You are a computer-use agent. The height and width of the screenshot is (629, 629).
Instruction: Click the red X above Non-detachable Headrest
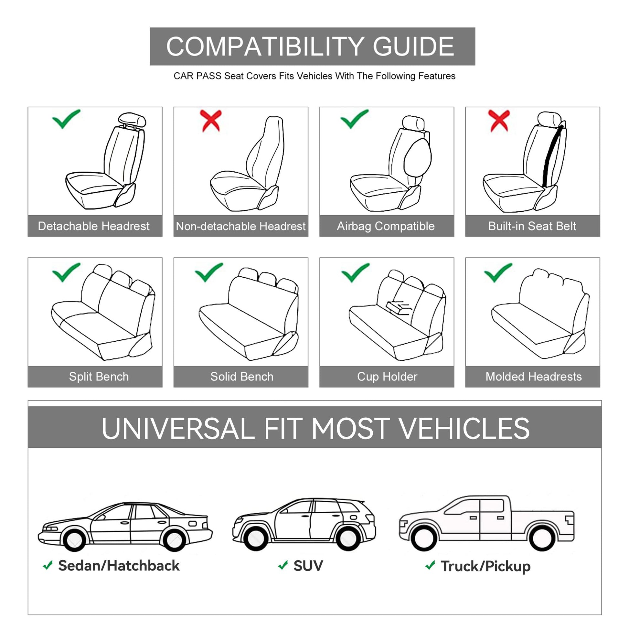pyautogui.click(x=211, y=121)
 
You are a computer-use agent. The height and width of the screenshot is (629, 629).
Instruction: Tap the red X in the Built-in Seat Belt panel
pyautogui.click(x=499, y=121)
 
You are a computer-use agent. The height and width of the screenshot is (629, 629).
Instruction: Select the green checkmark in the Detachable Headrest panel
pyautogui.click(x=66, y=119)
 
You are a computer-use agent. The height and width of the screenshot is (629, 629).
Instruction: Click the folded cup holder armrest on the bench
pyautogui.click(x=399, y=307)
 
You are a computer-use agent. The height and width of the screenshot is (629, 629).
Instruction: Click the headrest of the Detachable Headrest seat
pyautogui.click(x=132, y=120)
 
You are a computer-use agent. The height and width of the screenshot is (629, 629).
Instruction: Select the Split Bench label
pyautogui.click(x=99, y=377)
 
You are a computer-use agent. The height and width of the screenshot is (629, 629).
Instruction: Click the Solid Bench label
pyautogui.click(x=242, y=377)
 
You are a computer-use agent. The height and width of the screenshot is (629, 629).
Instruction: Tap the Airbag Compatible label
pyautogui.click(x=386, y=226)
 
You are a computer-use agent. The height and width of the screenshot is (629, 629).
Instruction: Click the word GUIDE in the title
pyautogui.click(x=413, y=46)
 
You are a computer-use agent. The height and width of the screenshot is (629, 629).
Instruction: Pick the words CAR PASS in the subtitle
pyautogui.click(x=197, y=76)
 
